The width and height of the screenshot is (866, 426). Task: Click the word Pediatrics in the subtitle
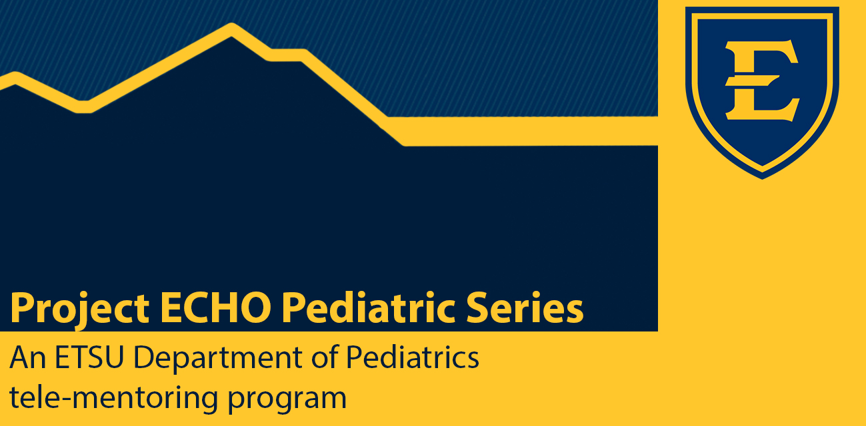[x=413, y=358]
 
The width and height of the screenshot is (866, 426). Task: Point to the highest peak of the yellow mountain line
[x=231, y=30]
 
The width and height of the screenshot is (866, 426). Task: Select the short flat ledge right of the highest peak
[x=285, y=55]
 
